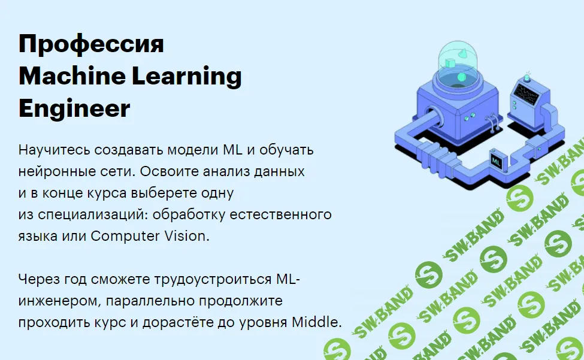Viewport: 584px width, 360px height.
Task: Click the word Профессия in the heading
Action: (91, 46)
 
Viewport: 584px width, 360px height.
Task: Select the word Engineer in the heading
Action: (74, 109)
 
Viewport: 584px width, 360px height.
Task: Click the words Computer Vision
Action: (150, 236)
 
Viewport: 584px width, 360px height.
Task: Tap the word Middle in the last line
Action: (316, 322)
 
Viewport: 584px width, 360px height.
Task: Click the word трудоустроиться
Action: (205, 279)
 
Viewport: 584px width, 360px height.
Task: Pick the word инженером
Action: (55, 301)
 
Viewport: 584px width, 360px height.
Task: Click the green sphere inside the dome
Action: (461, 77)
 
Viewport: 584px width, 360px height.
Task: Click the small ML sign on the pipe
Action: (496, 161)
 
